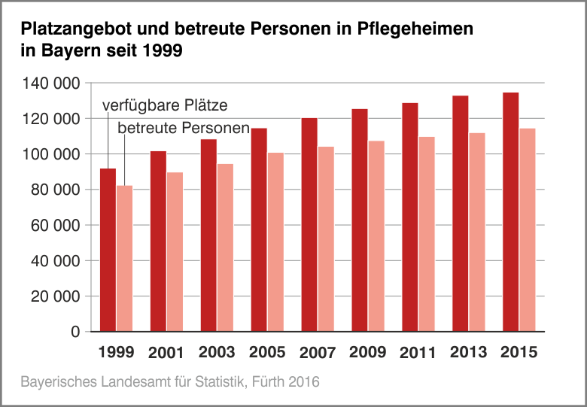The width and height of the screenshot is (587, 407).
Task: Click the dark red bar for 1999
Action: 108,250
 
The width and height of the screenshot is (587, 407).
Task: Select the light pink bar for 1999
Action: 124,258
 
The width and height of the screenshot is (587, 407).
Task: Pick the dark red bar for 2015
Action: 510,211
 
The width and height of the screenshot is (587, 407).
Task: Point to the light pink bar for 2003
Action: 225,248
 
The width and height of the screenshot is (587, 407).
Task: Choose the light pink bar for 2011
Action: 427,234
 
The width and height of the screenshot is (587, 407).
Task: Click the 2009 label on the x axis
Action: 367,352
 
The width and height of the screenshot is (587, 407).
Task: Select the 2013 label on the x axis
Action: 468,352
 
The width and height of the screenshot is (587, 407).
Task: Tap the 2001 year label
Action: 166,353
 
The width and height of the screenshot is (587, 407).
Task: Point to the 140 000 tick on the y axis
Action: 52,83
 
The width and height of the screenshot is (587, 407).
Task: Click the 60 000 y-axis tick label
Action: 56,225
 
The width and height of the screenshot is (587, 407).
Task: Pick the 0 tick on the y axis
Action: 75,332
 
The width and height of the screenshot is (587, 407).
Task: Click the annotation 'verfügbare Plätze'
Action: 164,105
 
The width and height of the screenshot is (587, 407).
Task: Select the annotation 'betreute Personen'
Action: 184,128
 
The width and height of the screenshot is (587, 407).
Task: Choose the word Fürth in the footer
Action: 270,382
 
